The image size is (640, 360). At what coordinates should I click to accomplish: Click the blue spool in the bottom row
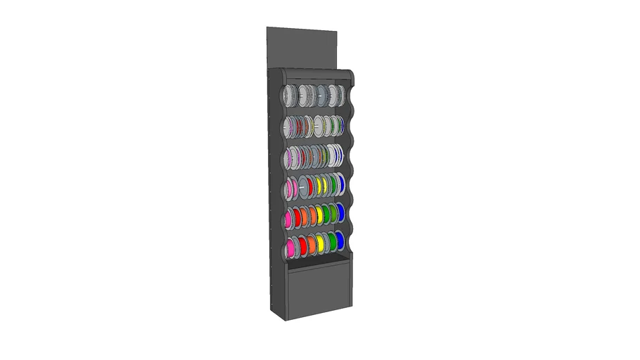click(340, 242)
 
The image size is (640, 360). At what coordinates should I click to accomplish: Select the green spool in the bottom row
click(331, 243)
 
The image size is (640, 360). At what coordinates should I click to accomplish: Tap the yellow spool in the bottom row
click(321, 244)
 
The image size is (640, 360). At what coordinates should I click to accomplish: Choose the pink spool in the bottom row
click(291, 247)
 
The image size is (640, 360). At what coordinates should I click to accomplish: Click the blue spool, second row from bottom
click(340, 212)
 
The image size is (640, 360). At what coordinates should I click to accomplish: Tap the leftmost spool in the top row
click(290, 96)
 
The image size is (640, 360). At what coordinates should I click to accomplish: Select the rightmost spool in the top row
click(340, 94)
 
